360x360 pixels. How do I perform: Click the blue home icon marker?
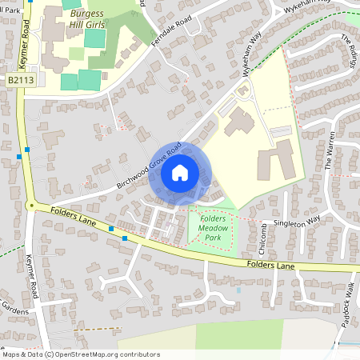180,173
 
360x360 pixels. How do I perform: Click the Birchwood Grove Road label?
150,165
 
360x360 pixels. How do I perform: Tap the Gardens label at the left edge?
14,308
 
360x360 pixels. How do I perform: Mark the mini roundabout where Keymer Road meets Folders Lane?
30,206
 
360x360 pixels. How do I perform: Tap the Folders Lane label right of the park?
271,265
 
